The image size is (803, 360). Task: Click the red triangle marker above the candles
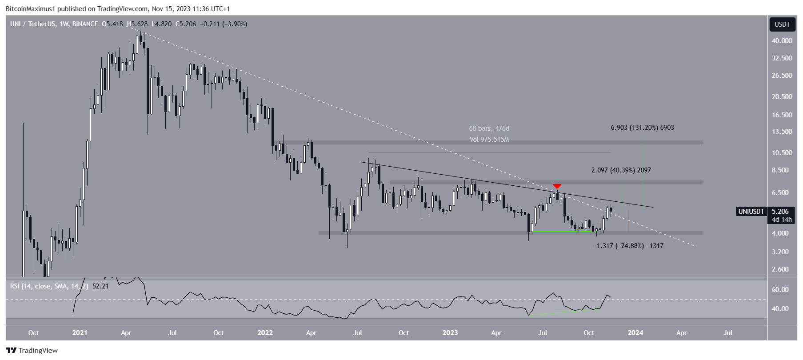click(x=557, y=186)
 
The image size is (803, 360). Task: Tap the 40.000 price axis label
click(x=782, y=40)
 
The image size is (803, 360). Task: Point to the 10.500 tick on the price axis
click(x=782, y=152)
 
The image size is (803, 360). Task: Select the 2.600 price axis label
click(x=782, y=269)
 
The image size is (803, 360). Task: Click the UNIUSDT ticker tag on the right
click(x=751, y=212)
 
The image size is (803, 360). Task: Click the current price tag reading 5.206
click(x=781, y=212)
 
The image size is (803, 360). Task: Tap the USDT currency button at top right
click(x=782, y=24)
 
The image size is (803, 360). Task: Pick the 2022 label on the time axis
click(x=265, y=332)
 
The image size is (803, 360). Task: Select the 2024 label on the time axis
click(x=635, y=332)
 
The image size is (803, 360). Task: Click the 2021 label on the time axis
click(x=80, y=332)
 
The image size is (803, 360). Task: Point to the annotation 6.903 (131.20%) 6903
click(x=642, y=128)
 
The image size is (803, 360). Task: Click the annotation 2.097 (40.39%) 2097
click(x=621, y=170)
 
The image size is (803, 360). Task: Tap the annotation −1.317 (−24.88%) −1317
click(x=628, y=245)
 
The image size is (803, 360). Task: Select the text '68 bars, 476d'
click(x=489, y=128)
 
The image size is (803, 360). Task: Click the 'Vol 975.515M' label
click(x=489, y=140)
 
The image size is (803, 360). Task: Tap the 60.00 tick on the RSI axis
click(x=780, y=289)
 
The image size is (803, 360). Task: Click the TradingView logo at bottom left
click(x=32, y=350)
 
